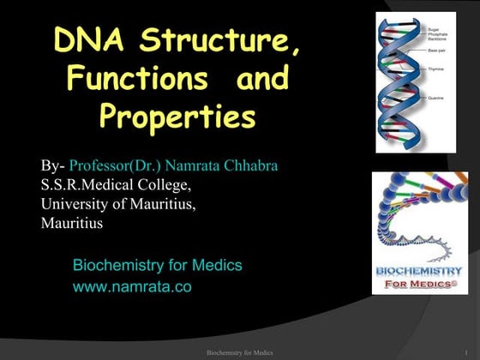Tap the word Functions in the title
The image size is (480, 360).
point(136,79)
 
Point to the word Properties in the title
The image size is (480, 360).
point(177,117)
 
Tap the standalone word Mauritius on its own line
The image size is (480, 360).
point(72,223)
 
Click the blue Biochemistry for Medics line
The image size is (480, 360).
point(158,266)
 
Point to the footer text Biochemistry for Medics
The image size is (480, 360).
point(240,352)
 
